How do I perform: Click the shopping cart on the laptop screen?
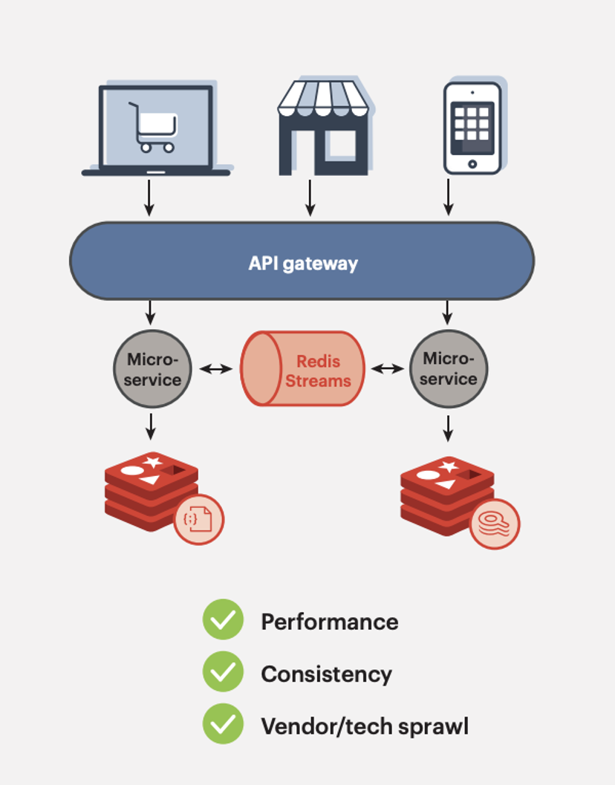[154, 128]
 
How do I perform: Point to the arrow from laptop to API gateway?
[149, 197]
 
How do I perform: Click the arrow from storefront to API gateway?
[310, 197]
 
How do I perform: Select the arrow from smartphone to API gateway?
[448, 197]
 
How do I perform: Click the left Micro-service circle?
[152, 369]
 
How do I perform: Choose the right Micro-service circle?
[449, 369]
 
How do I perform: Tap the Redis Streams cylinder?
[303, 369]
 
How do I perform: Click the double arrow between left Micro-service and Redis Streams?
[216, 368]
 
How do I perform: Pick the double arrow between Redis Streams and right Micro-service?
[387, 368]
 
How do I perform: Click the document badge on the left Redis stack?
[198, 519]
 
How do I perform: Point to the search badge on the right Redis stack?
[495, 524]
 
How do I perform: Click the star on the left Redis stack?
[153, 462]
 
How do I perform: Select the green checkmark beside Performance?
[223, 620]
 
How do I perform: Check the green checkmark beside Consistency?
[223, 672]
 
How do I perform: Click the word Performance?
[329, 622]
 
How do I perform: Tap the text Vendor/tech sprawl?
[364, 726]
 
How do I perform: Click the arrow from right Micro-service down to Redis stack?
[448, 427]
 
